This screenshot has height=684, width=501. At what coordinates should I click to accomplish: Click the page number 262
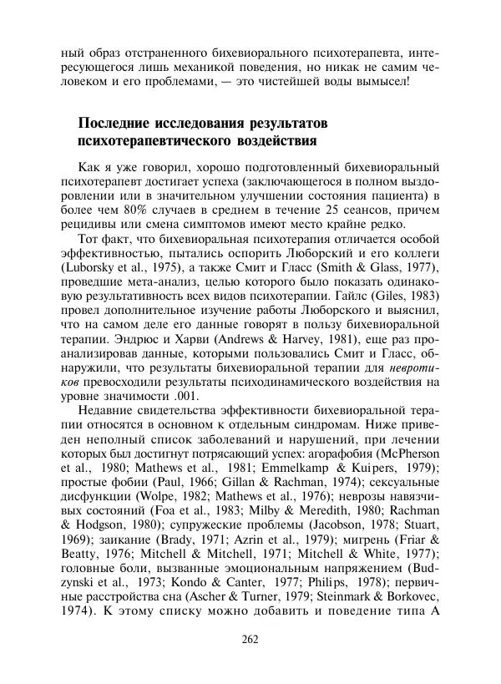coord(250,640)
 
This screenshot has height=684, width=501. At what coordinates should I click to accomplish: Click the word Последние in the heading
coord(117,124)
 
